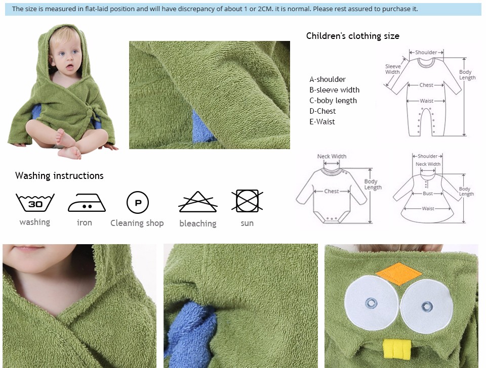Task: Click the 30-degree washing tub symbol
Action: click(35, 202)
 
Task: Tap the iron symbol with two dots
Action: click(87, 203)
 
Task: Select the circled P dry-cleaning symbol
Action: click(138, 202)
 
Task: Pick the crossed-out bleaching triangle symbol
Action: click(198, 202)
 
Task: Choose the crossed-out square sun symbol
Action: click(247, 201)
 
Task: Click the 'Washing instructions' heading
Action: click(59, 176)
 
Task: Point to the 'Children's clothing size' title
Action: click(353, 36)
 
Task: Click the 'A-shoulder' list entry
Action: click(328, 79)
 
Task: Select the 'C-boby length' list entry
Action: click(333, 101)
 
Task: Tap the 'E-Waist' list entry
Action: click(322, 122)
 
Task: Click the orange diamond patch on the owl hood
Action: click(399, 273)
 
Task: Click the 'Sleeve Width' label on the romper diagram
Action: click(393, 69)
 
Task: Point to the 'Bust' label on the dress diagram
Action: click(428, 194)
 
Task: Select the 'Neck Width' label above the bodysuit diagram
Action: click(332, 156)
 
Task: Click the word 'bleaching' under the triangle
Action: click(198, 223)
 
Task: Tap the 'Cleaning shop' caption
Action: click(137, 223)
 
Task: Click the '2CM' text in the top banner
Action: click(265, 9)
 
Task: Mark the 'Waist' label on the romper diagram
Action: click(426, 101)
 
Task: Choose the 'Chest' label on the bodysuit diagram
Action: click(331, 191)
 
